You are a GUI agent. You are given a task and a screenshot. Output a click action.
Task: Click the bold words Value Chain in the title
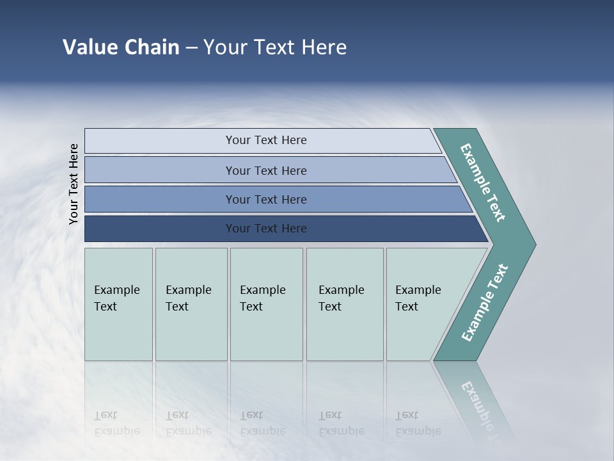pos(121,47)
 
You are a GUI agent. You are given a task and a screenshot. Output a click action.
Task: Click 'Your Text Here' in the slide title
pos(275,47)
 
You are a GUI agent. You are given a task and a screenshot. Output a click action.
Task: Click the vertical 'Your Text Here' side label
pos(74,184)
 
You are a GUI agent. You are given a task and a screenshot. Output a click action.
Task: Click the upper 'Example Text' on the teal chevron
pos(483,182)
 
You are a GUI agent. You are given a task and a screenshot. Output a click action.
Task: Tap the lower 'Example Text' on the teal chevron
pos(485,303)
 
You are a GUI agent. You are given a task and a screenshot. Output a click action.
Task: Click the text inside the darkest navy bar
pos(266,229)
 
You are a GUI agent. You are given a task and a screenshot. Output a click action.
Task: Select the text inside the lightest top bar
pos(266,140)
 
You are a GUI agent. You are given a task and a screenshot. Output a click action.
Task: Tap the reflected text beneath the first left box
pos(116,423)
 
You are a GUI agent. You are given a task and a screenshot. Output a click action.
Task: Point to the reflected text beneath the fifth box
pos(418,423)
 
